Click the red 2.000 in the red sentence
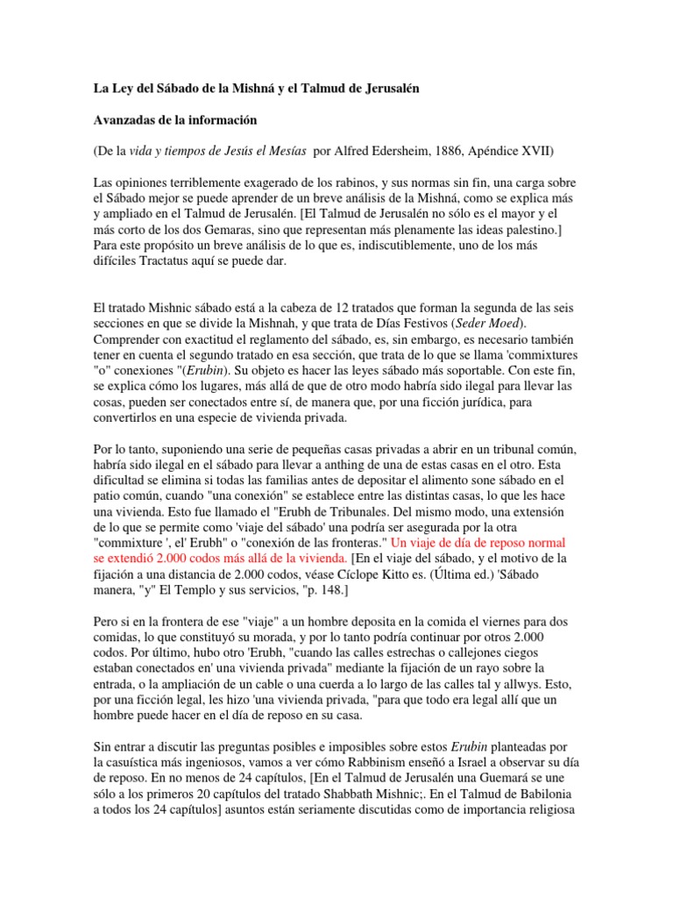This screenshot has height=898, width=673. pyautogui.click(x=165, y=559)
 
